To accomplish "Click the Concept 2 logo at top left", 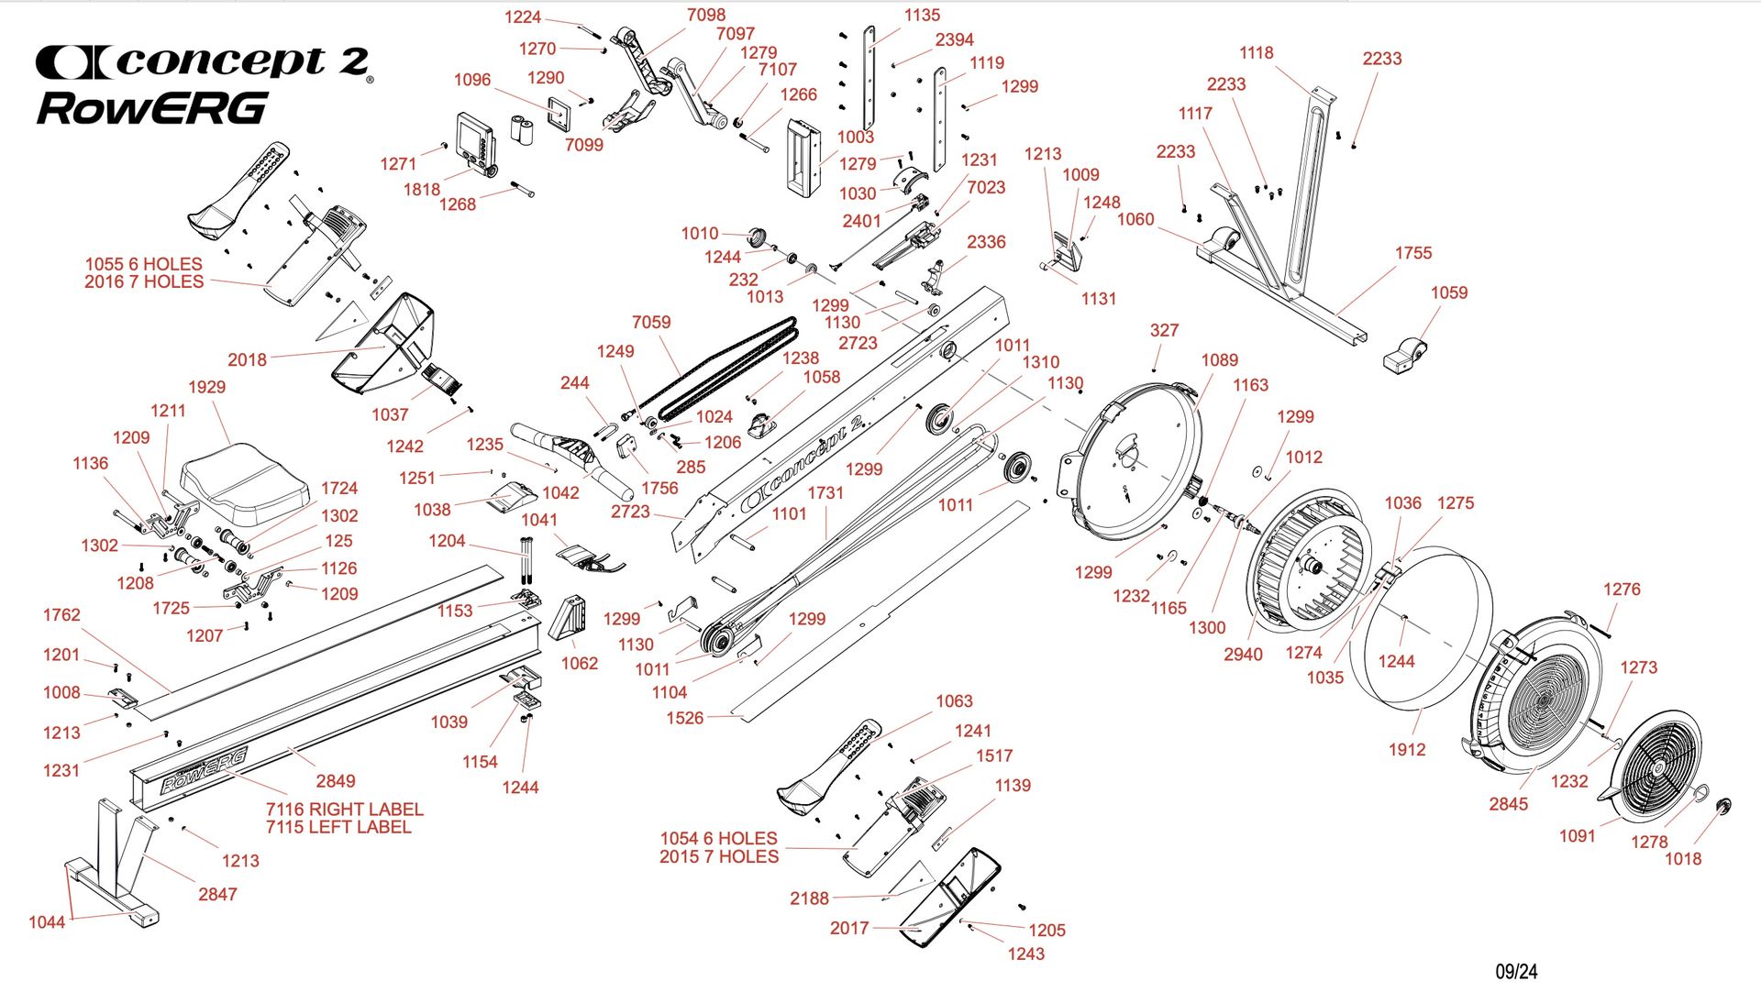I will (x=203, y=62).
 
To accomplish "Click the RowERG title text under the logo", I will (x=152, y=108).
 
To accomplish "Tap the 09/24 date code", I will (x=1516, y=971).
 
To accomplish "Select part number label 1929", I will (x=206, y=387).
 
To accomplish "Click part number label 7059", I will (x=651, y=322).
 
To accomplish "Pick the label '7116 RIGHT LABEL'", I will (x=344, y=810).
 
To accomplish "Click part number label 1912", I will (x=1407, y=749).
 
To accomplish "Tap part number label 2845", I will (x=1508, y=804).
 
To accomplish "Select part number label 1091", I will (x=1578, y=835).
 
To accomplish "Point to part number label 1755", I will (x=1413, y=253).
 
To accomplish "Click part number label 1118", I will (x=1257, y=53).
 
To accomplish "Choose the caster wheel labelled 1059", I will (x=1402, y=355).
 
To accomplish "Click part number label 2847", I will (x=217, y=894).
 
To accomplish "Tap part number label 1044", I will (x=47, y=921).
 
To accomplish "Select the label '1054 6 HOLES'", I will (x=718, y=838).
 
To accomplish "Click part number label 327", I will (x=1164, y=330).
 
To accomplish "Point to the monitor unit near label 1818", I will (x=477, y=141).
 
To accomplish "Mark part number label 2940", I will (x=1243, y=654).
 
